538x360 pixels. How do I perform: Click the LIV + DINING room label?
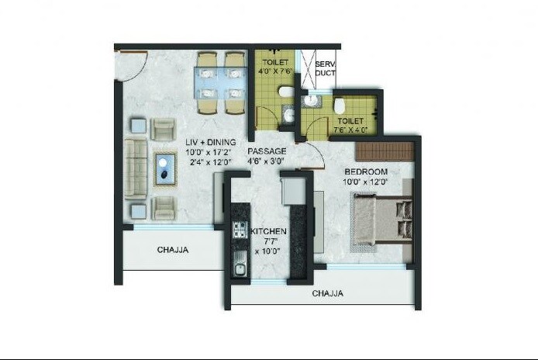[210, 142]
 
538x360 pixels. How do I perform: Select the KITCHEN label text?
[268, 232]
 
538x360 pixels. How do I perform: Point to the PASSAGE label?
[267, 151]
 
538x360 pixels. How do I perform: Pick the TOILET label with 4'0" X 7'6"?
[276, 62]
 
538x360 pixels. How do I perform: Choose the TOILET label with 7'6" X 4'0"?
[351, 121]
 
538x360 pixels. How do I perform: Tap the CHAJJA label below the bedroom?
[329, 294]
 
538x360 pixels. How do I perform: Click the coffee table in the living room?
[165, 168]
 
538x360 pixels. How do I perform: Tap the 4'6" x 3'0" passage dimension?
[267, 161]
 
